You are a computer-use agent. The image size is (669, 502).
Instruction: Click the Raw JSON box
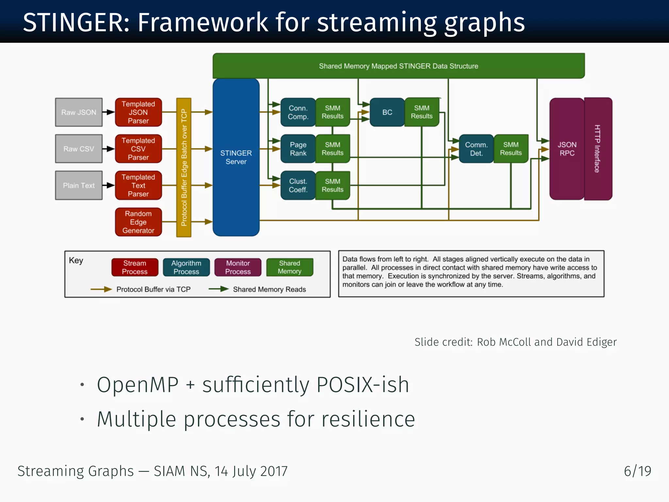click(x=79, y=112)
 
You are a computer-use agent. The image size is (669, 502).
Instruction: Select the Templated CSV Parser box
click(x=139, y=149)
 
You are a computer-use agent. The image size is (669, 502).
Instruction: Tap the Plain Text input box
click(x=79, y=185)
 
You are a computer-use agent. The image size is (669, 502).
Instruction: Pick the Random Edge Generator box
click(x=139, y=222)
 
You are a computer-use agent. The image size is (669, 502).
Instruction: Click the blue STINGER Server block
click(x=236, y=157)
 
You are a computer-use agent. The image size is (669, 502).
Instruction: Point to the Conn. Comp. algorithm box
click(x=298, y=112)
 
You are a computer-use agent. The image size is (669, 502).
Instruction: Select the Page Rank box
click(x=298, y=149)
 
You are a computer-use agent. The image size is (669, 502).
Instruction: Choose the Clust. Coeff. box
click(x=298, y=185)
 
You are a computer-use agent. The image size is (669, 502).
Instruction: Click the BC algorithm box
click(x=387, y=112)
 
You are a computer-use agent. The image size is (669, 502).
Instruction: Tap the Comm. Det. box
click(x=476, y=149)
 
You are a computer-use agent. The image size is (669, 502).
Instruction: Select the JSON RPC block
click(x=567, y=149)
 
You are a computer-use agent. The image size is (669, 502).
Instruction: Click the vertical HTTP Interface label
click(x=597, y=149)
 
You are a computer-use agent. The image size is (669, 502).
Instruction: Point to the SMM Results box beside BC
click(x=422, y=112)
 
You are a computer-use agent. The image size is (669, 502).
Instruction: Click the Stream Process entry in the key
click(x=135, y=267)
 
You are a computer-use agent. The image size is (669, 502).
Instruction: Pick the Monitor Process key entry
click(x=238, y=267)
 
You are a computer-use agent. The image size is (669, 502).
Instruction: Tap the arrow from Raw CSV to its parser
click(x=108, y=149)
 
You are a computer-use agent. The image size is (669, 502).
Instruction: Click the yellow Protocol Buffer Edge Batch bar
click(x=184, y=167)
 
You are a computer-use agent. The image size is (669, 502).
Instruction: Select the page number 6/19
click(x=637, y=471)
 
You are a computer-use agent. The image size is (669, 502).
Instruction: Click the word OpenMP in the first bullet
click(x=138, y=385)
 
